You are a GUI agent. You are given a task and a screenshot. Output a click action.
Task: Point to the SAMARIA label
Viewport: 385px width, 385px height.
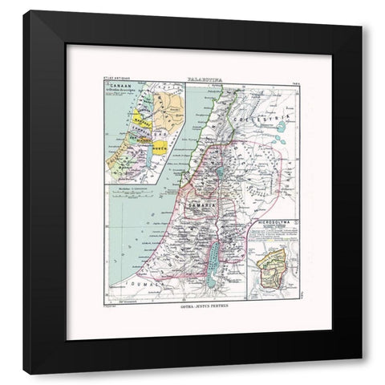(x=203, y=205)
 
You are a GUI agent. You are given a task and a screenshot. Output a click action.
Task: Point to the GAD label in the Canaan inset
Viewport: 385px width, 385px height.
(x=163, y=134)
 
